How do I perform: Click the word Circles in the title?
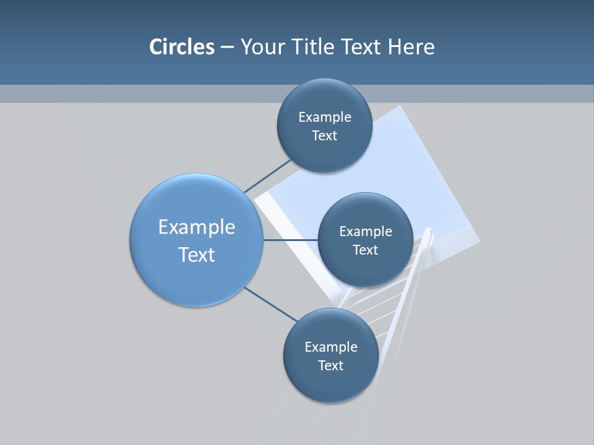pyautogui.click(x=182, y=47)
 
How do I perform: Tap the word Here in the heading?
pyautogui.click(x=411, y=47)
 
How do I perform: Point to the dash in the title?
pyautogui.click(x=227, y=48)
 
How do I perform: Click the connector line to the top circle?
pyautogui.click(x=267, y=176)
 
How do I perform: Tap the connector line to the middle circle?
pyautogui.click(x=290, y=240)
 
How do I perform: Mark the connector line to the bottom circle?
pyautogui.click(x=270, y=303)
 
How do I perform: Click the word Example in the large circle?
pyautogui.click(x=197, y=227)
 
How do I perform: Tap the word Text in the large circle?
pyautogui.click(x=197, y=255)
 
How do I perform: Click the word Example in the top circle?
pyautogui.click(x=325, y=117)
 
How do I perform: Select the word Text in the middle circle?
pyautogui.click(x=365, y=250)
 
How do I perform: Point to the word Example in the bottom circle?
pyautogui.click(x=331, y=347)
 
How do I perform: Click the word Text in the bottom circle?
pyautogui.click(x=330, y=365)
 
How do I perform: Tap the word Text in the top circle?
pyautogui.click(x=324, y=136)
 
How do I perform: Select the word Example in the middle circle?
pyautogui.click(x=366, y=232)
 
